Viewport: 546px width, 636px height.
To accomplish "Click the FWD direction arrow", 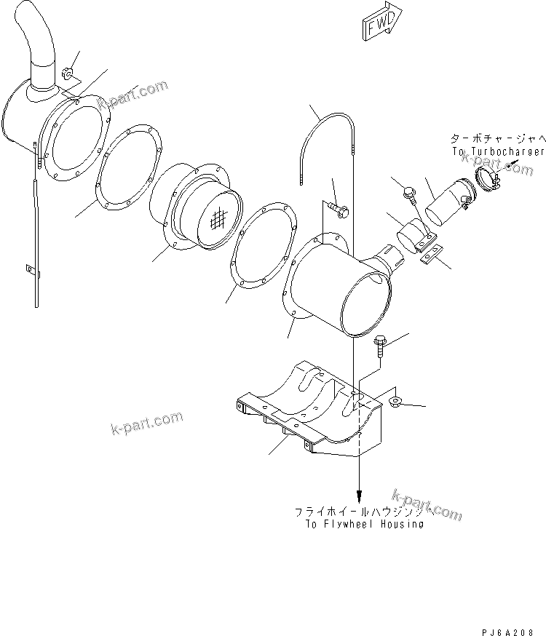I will point(379,25).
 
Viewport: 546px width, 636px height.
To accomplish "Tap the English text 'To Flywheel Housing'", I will point(360,524).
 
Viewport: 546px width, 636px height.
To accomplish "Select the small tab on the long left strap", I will point(29,269).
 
